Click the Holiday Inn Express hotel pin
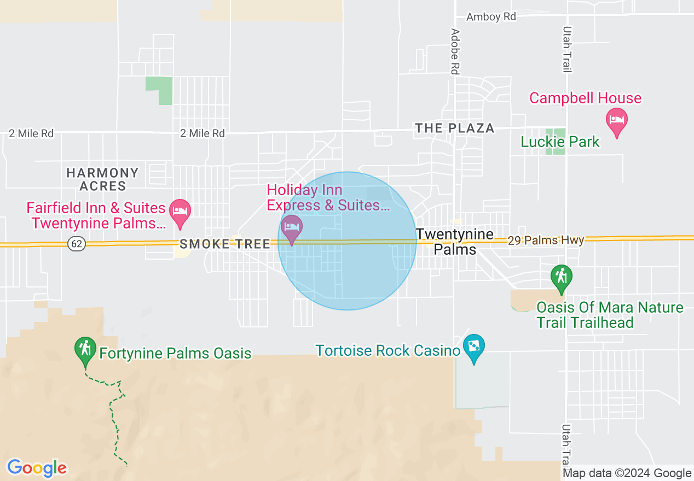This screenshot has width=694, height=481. click(x=291, y=228)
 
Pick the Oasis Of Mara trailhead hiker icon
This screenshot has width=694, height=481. click(x=560, y=278)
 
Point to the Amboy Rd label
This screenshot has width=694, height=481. click(x=491, y=17)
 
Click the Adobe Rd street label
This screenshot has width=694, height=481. click(x=454, y=51)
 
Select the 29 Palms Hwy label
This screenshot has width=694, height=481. click(x=546, y=240)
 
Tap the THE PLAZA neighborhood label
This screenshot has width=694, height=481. click(x=454, y=128)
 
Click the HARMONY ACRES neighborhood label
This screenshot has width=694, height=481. click(x=102, y=179)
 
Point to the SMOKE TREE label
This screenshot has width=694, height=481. click(x=225, y=244)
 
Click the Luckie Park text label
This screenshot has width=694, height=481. click(x=560, y=142)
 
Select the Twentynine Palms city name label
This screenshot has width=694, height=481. click(x=455, y=242)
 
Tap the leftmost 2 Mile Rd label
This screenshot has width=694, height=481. click(x=31, y=133)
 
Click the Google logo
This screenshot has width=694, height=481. click(x=37, y=468)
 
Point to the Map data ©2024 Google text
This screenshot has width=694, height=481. click(x=627, y=473)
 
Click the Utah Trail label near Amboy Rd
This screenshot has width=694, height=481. click(x=567, y=49)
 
